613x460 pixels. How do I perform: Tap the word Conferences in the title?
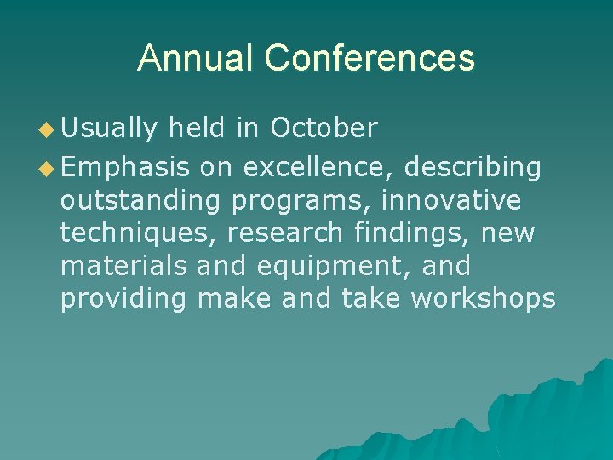click(369, 58)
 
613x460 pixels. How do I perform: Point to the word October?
click(324, 128)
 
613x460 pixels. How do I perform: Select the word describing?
click(473, 169)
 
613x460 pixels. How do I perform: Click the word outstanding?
click(152, 201)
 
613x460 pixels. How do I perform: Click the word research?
click(284, 233)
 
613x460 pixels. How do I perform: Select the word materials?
click(123, 266)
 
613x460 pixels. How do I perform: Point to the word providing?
click(123, 298)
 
